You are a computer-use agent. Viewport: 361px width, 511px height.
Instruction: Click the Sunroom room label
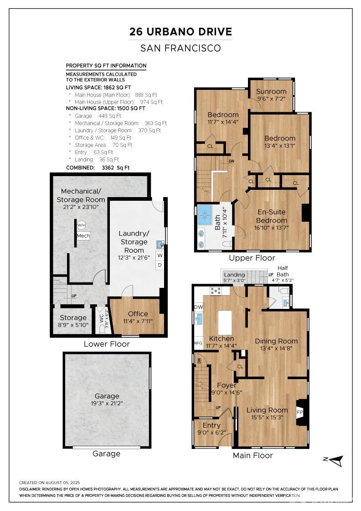(271, 92)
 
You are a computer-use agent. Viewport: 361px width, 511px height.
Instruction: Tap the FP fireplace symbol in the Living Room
(299, 412)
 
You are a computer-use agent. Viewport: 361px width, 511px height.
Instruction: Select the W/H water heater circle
(81, 225)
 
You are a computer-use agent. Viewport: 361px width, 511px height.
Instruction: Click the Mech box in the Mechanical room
(83, 235)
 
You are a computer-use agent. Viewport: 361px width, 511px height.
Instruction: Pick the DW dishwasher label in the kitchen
(199, 307)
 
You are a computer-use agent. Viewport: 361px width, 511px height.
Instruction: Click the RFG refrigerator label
(198, 343)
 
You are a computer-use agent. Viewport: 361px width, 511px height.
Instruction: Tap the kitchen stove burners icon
(216, 290)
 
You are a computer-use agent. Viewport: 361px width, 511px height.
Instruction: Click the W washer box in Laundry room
(160, 255)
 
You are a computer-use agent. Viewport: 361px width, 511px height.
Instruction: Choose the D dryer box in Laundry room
(160, 265)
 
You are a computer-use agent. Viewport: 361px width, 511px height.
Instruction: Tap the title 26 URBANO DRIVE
(180, 31)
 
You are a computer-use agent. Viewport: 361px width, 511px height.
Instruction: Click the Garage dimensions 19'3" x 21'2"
(107, 403)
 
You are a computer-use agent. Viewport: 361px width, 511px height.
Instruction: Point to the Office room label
(138, 314)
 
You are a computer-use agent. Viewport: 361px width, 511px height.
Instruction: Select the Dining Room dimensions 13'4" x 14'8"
(276, 349)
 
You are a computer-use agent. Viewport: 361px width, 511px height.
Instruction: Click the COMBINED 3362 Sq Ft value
(116, 168)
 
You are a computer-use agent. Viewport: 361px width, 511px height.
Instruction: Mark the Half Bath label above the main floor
(283, 271)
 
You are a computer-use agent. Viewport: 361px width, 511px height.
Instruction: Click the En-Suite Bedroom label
(272, 216)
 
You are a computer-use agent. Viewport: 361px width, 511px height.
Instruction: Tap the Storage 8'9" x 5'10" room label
(73, 321)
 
